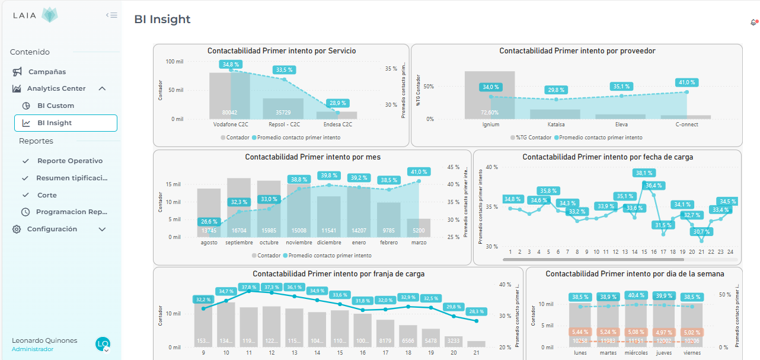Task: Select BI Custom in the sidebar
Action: tap(55, 106)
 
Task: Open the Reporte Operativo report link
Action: tap(69, 161)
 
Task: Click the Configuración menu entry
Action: tap(52, 229)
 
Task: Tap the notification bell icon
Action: tap(753, 23)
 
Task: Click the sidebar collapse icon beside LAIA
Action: tap(111, 15)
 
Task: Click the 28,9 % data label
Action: tap(338, 103)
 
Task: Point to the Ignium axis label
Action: tap(490, 125)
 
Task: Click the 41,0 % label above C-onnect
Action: tap(687, 82)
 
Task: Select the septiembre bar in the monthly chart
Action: tap(239, 208)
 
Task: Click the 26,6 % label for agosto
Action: tap(209, 222)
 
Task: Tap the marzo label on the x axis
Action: tap(418, 242)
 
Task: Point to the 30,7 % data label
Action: tap(701, 231)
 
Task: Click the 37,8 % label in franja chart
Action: tap(248, 287)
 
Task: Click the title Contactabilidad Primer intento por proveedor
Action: tap(577, 51)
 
